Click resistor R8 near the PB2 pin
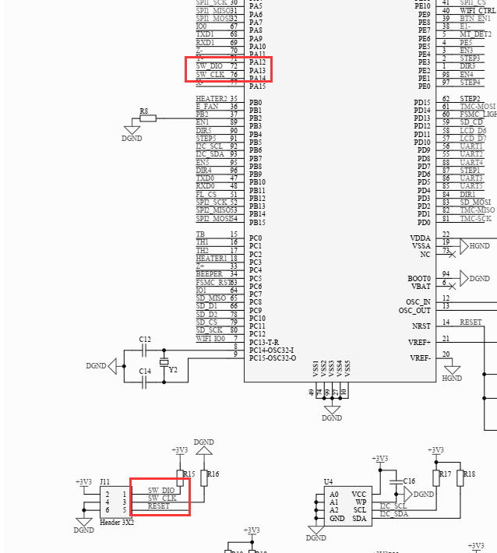click(x=148, y=118)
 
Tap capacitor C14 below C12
click(x=145, y=372)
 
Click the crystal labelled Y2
click(x=164, y=363)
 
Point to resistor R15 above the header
click(x=181, y=475)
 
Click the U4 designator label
click(x=329, y=482)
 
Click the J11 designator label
click(x=104, y=482)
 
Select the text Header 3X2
click(x=117, y=523)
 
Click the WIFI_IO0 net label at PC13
click(x=210, y=338)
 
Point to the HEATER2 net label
click(x=211, y=99)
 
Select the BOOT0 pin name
click(x=419, y=278)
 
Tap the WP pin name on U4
click(x=361, y=502)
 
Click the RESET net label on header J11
click(x=158, y=507)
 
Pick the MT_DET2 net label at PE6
click(x=475, y=34)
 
